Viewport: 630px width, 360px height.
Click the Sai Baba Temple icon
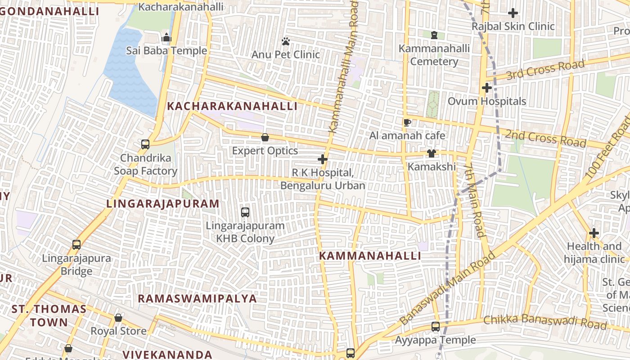[x=166, y=38]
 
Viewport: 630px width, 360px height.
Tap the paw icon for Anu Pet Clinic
[x=286, y=42]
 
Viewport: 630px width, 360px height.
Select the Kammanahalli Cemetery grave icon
[x=434, y=35]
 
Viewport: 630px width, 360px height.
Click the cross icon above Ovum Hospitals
[x=486, y=88]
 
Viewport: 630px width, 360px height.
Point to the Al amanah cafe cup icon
[x=407, y=122]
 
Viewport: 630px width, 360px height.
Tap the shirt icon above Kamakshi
[x=432, y=153]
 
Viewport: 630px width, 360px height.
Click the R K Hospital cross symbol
[x=322, y=159]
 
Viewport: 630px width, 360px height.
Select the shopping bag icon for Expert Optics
[x=265, y=138]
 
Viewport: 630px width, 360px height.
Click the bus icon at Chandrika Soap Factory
[x=145, y=144]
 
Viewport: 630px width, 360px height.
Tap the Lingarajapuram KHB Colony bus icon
[x=245, y=212]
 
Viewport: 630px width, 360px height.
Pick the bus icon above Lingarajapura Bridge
[x=76, y=245]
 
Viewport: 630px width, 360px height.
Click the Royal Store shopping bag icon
[x=118, y=318]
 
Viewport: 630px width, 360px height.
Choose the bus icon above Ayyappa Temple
[x=436, y=327]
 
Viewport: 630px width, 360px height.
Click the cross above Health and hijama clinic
[x=594, y=233]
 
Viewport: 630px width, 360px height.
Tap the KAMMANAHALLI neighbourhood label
[x=370, y=256]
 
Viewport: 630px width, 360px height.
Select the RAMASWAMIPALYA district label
[x=197, y=299]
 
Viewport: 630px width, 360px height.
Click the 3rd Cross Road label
[x=545, y=69]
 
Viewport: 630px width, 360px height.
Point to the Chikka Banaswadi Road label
[x=545, y=322]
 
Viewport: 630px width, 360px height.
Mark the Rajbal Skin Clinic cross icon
[x=513, y=13]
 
